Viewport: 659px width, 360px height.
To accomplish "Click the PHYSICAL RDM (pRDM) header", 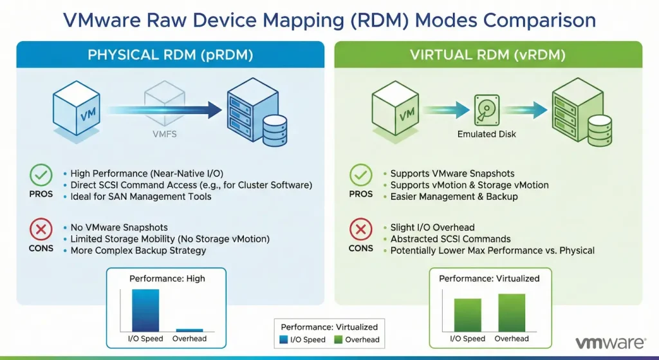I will click(x=170, y=55).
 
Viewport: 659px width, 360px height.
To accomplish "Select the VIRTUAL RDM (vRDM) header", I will click(x=488, y=55).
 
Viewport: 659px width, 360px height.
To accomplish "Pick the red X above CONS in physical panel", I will click(x=41, y=230).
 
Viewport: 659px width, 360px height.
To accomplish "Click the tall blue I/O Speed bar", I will click(x=145, y=310).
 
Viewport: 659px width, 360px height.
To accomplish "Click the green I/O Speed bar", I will click(x=468, y=315).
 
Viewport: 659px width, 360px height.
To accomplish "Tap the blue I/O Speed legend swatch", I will click(x=285, y=339).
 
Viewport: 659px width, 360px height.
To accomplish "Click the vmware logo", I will click(x=611, y=343).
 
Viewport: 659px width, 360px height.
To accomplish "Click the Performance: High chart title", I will click(x=167, y=279).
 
